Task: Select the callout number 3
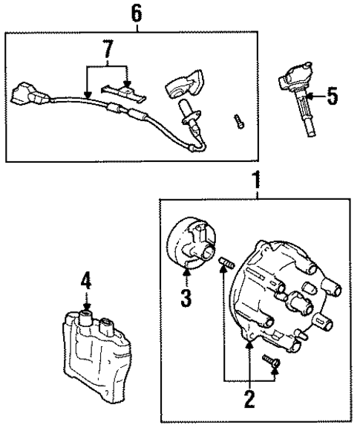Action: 186,298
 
